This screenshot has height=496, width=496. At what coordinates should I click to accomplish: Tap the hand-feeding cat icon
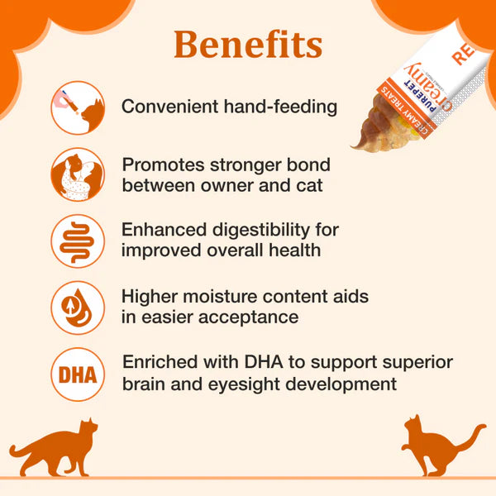coord(78,107)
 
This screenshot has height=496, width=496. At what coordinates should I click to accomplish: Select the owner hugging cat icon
coord(78,174)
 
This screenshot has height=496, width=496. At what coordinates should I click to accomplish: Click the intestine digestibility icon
coord(78,241)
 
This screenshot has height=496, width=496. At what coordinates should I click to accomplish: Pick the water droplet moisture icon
coord(78,307)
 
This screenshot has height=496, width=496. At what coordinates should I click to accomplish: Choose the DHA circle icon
coord(78,374)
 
